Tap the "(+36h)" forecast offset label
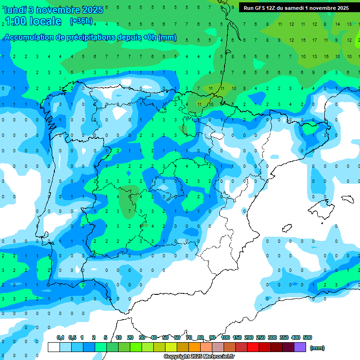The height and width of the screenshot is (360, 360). click(x=81, y=21)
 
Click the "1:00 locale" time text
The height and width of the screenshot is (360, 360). click(x=33, y=21)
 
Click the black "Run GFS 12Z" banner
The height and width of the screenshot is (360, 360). click(x=296, y=7)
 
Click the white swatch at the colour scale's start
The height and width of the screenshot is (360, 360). click(x=54, y=347)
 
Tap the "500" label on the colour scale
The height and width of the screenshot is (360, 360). click(x=307, y=337)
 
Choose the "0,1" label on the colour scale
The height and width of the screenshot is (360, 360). click(x=60, y=337)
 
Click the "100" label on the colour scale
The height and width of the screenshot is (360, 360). click(x=225, y=337)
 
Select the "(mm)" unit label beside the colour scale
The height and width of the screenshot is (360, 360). click(x=317, y=348)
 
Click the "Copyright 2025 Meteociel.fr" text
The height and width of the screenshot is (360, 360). click(x=199, y=357)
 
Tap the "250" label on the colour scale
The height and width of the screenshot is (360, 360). click(x=261, y=337)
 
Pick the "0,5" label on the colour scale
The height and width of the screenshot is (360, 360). click(x=72, y=337)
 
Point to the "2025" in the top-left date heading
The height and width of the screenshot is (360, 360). click(x=92, y=9)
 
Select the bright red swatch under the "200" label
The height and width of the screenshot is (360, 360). click(x=253, y=347)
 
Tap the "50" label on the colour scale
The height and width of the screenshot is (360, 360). click(x=165, y=337)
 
